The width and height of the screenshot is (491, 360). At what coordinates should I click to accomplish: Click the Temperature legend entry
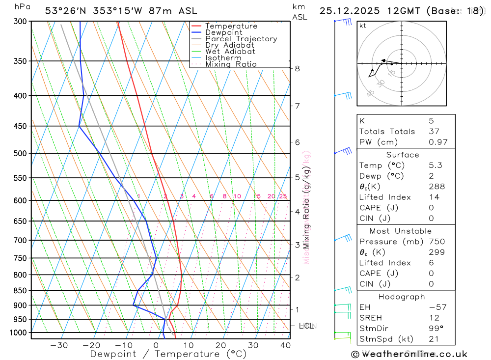[231, 27]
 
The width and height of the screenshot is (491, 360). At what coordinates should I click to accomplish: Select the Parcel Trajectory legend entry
[241, 39]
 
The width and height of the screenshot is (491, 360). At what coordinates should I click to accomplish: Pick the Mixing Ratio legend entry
[231, 64]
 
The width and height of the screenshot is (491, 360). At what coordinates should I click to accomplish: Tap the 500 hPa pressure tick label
[21, 153]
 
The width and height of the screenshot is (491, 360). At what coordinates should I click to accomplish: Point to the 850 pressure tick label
[21, 290]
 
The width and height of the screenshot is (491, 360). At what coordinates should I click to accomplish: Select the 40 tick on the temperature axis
[285, 345]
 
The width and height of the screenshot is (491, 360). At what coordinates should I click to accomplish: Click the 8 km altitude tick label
[297, 69]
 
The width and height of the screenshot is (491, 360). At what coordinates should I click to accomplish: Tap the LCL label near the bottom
[306, 326]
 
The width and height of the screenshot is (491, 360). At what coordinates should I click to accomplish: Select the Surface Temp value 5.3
[435, 166]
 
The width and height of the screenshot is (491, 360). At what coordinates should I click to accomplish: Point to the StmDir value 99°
[435, 328]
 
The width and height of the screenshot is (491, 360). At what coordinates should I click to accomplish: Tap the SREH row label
[370, 318]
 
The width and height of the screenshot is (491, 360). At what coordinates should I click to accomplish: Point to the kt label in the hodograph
[363, 26]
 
